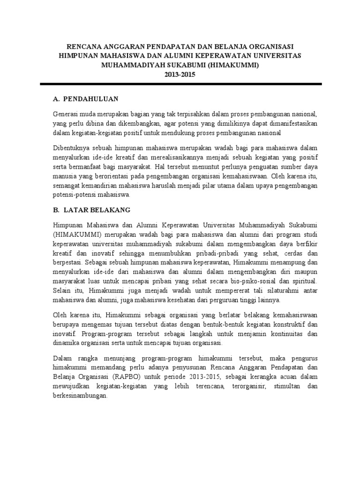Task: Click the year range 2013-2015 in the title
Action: point(180,74)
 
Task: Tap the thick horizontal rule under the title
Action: point(180,84)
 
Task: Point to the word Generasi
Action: point(67,114)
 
